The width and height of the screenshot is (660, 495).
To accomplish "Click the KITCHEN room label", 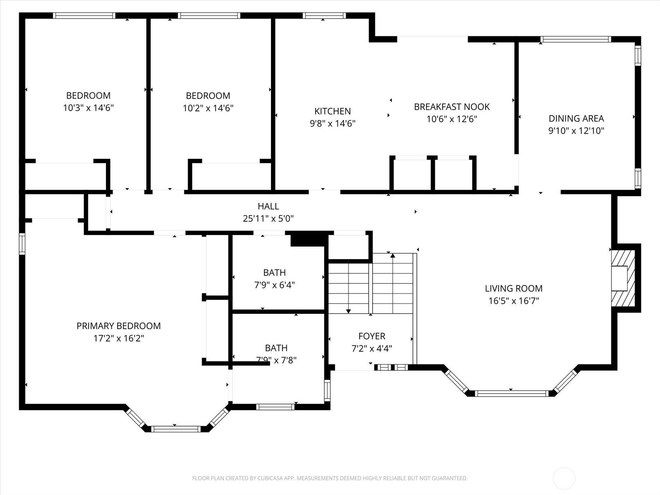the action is point(332,111).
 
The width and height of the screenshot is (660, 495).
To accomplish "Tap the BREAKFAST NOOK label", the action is point(452,107).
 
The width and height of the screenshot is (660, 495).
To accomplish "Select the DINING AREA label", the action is point(576,118).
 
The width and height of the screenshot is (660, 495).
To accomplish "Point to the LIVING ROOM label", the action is point(514,288).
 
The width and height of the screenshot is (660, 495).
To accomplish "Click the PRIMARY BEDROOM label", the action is point(118,326).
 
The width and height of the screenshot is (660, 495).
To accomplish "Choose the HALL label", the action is point(268,206).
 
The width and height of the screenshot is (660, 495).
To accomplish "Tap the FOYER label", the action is point(372,336).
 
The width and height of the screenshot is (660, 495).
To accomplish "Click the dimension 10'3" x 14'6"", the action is point(88,108).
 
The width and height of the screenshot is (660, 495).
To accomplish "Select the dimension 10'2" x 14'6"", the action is point(208,108).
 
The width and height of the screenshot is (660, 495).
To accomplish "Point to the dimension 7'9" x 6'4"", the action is point(274,285).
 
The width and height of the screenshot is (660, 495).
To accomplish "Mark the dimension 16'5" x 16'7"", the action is point(514,301).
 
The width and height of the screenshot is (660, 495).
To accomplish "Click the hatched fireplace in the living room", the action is point(623,278).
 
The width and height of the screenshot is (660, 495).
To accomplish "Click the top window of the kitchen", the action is point(324,16).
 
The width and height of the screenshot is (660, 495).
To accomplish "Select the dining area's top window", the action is point(576,39).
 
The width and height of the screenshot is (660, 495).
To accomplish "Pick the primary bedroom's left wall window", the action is point(22,244).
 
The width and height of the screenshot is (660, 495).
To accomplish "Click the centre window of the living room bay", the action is point(512,394).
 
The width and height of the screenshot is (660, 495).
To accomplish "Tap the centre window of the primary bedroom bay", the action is point(176,429).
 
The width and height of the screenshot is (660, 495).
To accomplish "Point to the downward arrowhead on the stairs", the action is point(348,311).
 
